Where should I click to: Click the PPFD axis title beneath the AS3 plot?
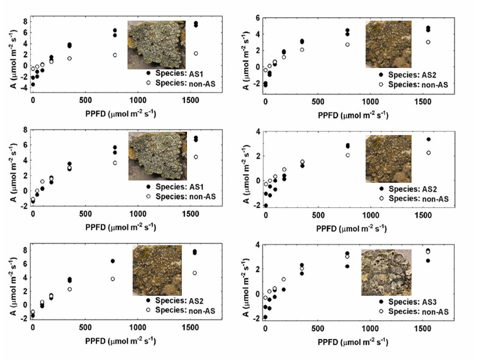click(x=352, y=342)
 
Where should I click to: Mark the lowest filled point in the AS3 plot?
click(x=265, y=317)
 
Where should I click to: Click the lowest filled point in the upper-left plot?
click(x=33, y=84)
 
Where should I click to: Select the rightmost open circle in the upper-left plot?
click(x=196, y=53)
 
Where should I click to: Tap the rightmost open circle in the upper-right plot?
click(x=428, y=42)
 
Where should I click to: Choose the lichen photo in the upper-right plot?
click(x=388, y=44)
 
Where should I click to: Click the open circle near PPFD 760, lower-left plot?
click(x=112, y=279)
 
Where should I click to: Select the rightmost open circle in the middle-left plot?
click(x=196, y=157)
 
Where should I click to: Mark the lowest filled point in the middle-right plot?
click(x=266, y=206)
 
